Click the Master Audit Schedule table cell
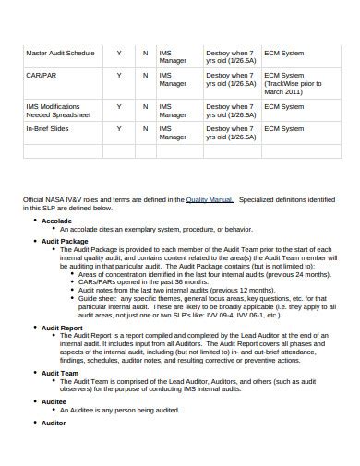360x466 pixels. point(59,54)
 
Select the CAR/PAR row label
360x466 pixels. point(41,75)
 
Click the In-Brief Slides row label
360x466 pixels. point(48,128)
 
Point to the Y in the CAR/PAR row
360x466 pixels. point(118,75)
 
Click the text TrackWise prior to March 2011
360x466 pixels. point(293,88)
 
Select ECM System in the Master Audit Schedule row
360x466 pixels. point(283,54)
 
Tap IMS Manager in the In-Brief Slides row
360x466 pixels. point(172,133)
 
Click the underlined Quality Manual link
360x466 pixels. point(209,199)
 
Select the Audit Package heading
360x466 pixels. point(65,241)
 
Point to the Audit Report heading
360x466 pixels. point(63,327)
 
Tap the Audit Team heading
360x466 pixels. point(60,373)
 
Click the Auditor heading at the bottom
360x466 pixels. point(54,423)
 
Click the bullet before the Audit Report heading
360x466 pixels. point(34,327)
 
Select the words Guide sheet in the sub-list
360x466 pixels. point(98,298)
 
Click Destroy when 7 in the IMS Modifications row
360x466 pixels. point(228,107)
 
